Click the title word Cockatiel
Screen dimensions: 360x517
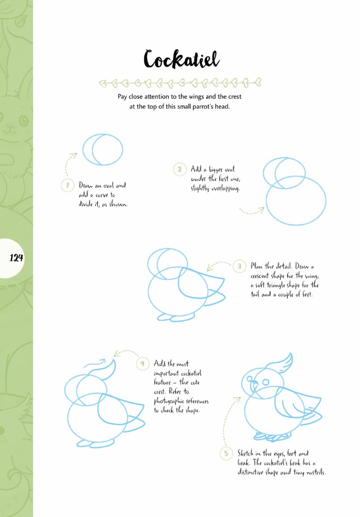click(181, 59)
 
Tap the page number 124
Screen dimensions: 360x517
click(16, 258)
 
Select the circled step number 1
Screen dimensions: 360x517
click(68, 185)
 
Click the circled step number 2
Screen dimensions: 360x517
click(180, 169)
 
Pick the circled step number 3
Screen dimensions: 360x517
click(240, 266)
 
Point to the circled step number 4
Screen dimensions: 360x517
click(143, 364)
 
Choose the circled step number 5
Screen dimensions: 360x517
click(226, 453)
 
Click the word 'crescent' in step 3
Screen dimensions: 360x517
click(260, 275)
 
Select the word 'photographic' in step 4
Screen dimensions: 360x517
click(169, 402)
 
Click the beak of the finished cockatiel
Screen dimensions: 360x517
click(254, 385)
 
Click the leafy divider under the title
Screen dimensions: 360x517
click(180, 82)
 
